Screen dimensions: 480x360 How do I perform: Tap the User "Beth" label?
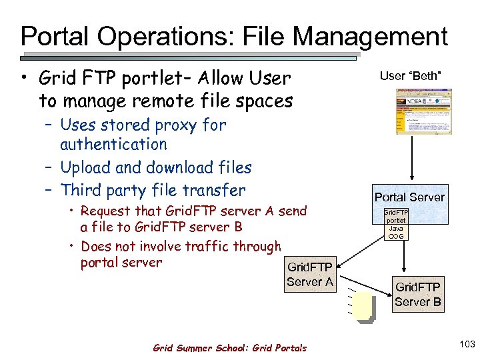tap(411, 76)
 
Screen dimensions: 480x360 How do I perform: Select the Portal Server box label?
tap(409, 197)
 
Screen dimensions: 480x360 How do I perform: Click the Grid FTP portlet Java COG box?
tap(396, 224)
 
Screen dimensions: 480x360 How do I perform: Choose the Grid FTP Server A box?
tap(309, 274)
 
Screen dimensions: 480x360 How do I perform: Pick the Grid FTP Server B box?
tap(417, 293)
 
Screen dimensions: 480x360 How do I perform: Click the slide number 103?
tap(467, 344)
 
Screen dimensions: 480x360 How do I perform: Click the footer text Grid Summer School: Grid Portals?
tap(230, 347)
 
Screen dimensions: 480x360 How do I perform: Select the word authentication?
tap(113, 144)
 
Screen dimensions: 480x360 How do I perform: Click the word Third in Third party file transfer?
tap(79, 190)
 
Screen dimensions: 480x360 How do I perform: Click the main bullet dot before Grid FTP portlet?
tap(24, 79)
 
